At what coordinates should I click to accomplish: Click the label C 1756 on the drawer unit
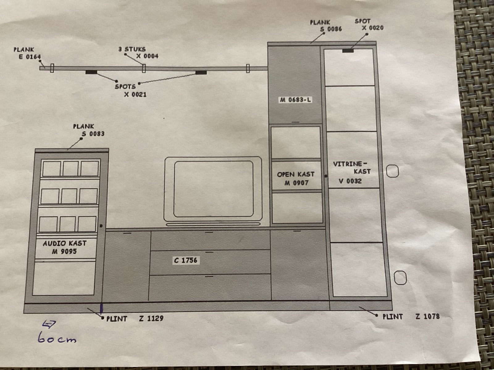(x=186, y=260)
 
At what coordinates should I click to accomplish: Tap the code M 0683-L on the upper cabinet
(x=295, y=100)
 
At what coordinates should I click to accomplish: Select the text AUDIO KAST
(x=65, y=243)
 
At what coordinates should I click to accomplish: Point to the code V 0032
(x=350, y=181)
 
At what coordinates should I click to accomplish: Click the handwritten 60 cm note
(x=57, y=338)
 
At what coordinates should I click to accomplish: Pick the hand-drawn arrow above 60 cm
(x=49, y=324)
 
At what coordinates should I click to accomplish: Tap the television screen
(x=213, y=189)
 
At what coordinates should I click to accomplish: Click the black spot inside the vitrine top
(x=348, y=51)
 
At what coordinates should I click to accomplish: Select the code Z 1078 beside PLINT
(x=427, y=317)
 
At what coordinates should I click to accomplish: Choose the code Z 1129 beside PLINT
(x=151, y=318)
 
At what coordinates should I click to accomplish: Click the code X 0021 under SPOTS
(x=135, y=94)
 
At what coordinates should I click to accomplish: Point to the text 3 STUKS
(x=132, y=49)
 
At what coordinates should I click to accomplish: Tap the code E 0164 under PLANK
(x=30, y=57)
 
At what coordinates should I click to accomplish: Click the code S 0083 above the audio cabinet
(x=93, y=134)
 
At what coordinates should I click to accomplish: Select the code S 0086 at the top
(x=331, y=29)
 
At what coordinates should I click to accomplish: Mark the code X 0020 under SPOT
(x=373, y=28)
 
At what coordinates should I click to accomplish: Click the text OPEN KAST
(x=296, y=175)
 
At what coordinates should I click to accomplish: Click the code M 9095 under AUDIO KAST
(x=64, y=251)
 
